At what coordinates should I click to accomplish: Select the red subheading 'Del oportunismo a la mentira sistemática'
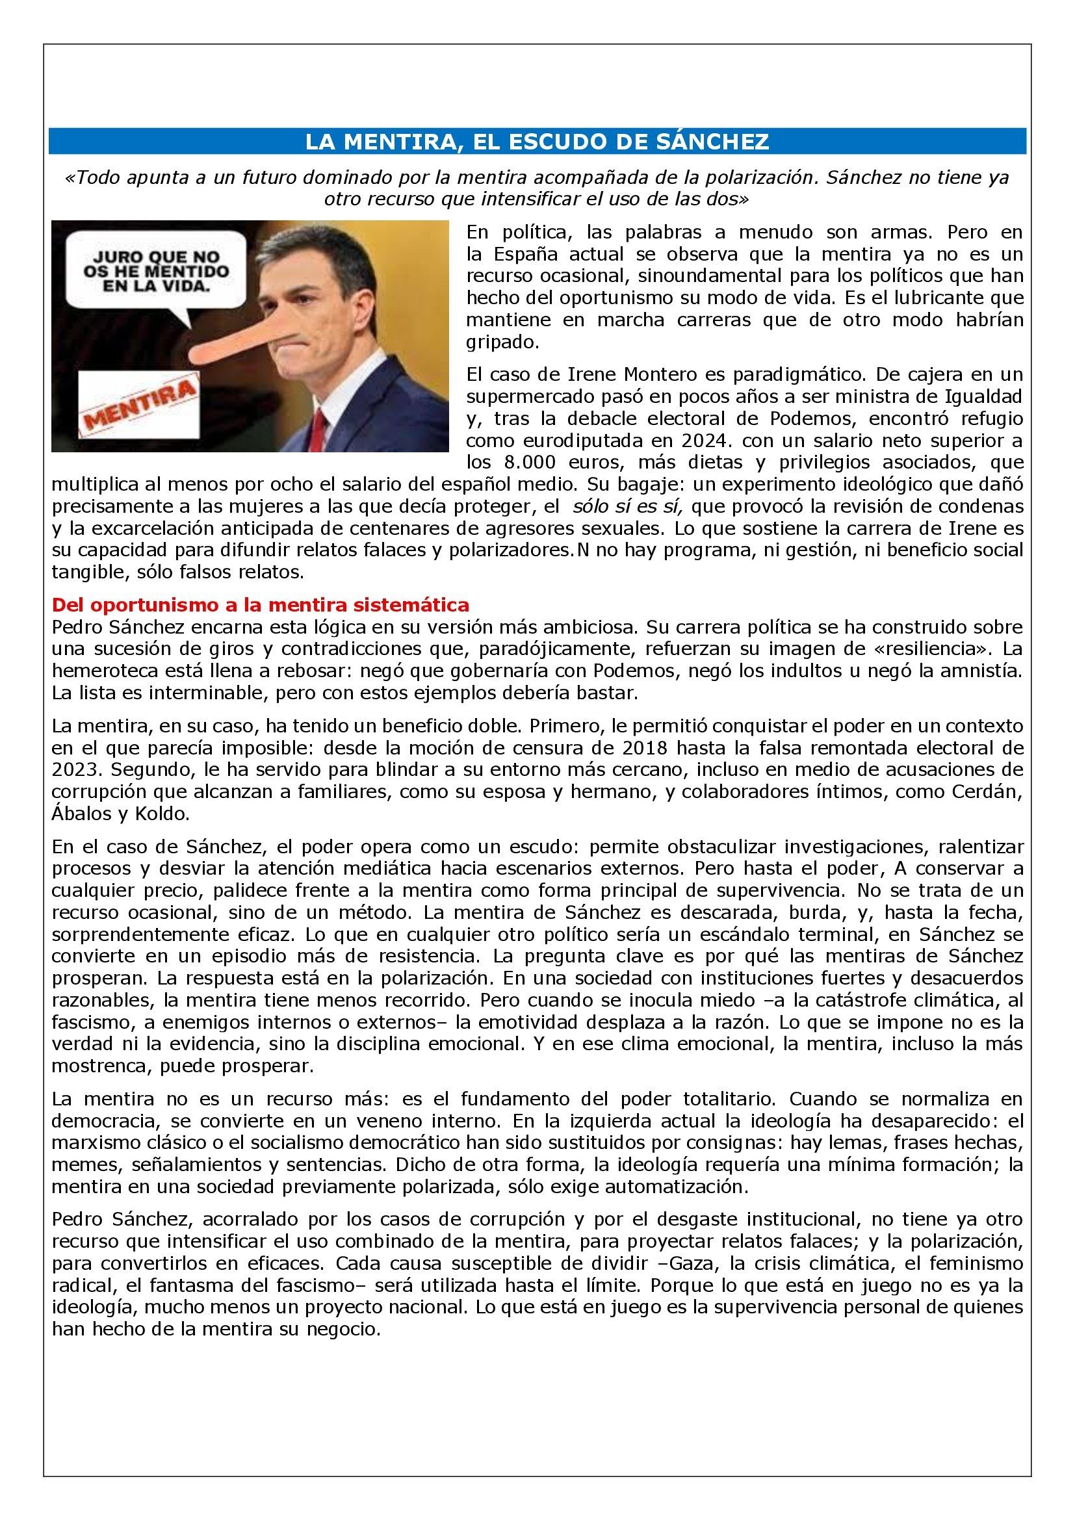click(x=260, y=605)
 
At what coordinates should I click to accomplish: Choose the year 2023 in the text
click(x=73, y=770)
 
